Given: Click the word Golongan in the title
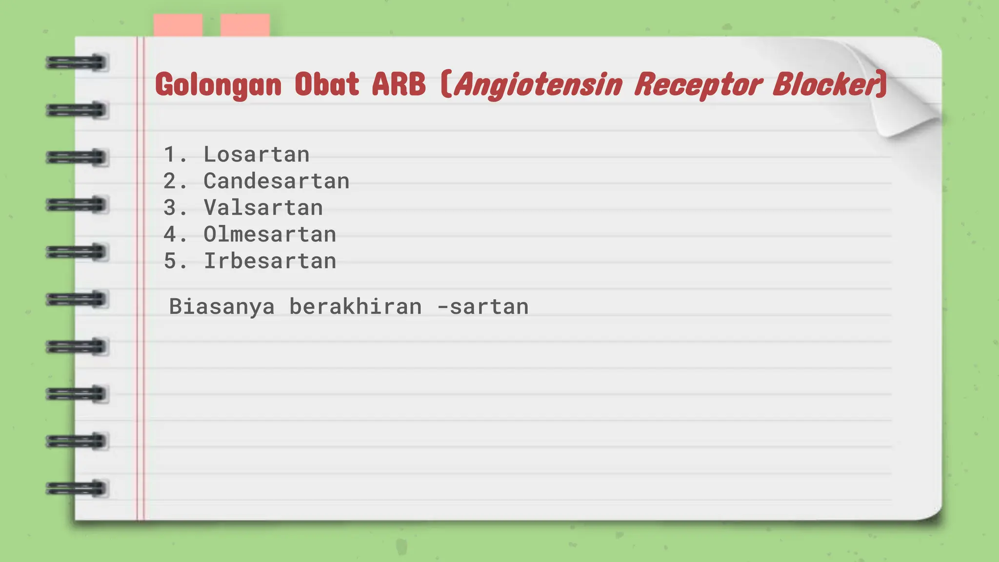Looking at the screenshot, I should (x=218, y=85).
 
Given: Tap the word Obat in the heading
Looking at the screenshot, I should (x=327, y=84).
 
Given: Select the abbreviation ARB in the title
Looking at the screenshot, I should (x=399, y=84).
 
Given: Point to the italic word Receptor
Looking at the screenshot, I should (x=698, y=85).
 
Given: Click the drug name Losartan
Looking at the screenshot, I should (x=257, y=155).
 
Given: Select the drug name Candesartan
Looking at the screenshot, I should (x=277, y=181).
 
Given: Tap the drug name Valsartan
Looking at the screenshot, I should (x=263, y=208).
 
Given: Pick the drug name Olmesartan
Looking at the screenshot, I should (x=270, y=235).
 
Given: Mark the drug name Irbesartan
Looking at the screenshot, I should (x=270, y=261).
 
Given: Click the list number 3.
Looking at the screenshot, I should (x=170, y=208).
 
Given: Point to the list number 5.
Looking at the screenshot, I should (x=170, y=261).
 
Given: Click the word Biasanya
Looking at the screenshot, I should (x=222, y=307).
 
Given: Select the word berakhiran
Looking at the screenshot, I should (x=356, y=307).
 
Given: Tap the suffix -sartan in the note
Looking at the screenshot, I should (x=483, y=307).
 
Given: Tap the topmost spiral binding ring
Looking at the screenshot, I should (x=77, y=63).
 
